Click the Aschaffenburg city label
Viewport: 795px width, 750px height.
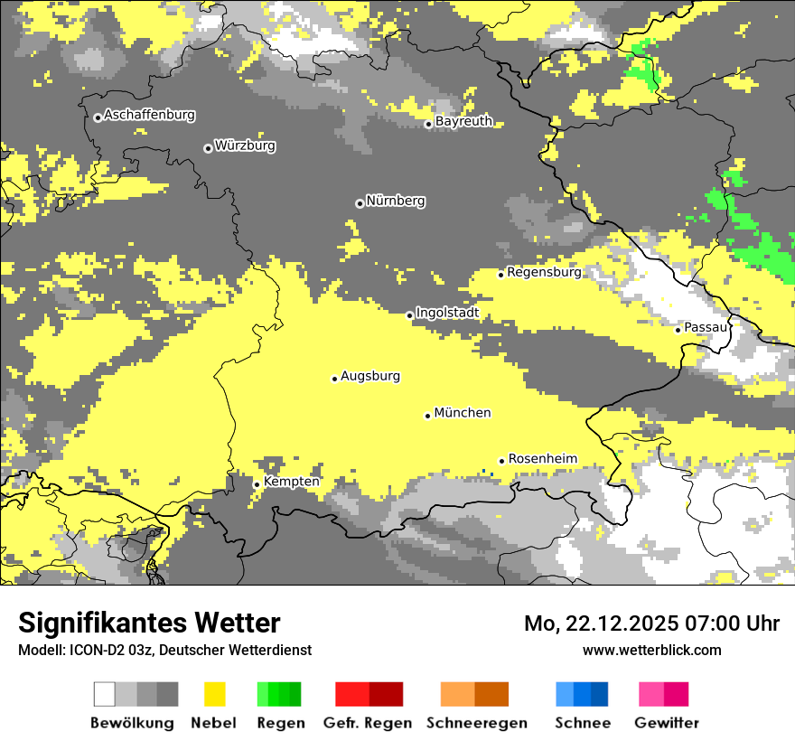pyautogui.click(x=149, y=115)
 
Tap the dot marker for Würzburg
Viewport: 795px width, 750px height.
pyautogui.click(x=208, y=148)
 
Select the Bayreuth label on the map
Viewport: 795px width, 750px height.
pyautogui.click(x=463, y=121)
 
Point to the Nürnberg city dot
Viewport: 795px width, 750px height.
pyautogui.click(x=360, y=203)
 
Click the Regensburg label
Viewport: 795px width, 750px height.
pyautogui.click(x=544, y=272)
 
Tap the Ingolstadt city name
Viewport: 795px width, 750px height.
pyautogui.click(x=447, y=313)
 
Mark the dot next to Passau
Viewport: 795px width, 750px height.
pyautogui.click(x=678, y=330)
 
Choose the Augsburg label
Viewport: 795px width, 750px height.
pyautogui.click(x=370, y=376)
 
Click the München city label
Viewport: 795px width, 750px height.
pyautogui.click(x=463, y=413)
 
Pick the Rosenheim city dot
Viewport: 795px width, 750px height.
pyautogui.click(x=501, y=461)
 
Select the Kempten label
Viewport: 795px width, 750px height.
pyautogui.click(x=292, y=482)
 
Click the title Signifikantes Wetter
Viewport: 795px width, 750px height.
pyautogui.click(x=149, y=623)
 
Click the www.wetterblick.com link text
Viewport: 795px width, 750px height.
pyautogui.click(x=651, y=650)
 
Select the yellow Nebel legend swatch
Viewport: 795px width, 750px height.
pyautogui.click(x=215, y=694)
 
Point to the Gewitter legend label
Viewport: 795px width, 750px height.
pyautogui.click(x=666, y=723)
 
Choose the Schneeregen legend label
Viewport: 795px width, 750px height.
pyautogui.click(x=476, y=723)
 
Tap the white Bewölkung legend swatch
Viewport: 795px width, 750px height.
pyautogui.click(x=105, y=694)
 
